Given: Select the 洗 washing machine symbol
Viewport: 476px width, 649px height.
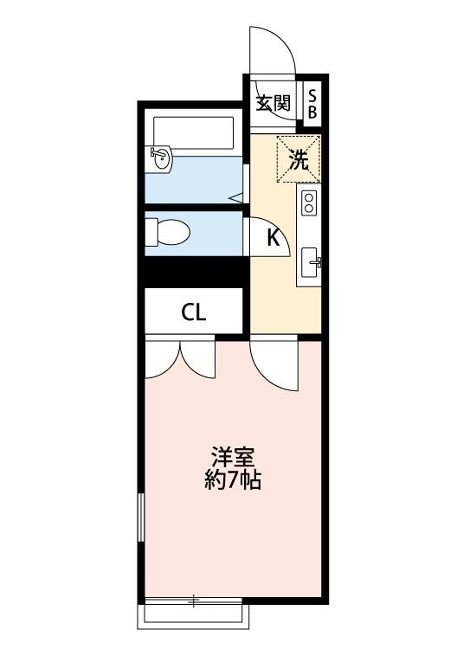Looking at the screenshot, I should [x=298, y=159].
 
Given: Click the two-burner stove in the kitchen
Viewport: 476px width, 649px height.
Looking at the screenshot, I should [x=309, y=204].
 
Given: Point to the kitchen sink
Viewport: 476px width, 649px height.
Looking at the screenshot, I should [x=310, y=260].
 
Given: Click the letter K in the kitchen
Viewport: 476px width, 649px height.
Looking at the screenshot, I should [x=272, y=237].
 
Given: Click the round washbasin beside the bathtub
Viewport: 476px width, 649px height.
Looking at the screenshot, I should [x=162, y=158].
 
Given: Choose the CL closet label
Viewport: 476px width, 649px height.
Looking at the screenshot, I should [x=194, y=312].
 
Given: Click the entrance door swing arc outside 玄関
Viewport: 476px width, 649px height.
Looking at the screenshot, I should [x=272, y=52].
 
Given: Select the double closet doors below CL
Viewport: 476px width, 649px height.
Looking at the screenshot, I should [x=179, y=358].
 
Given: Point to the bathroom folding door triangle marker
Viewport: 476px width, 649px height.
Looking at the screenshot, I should [x=236, y=198].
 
